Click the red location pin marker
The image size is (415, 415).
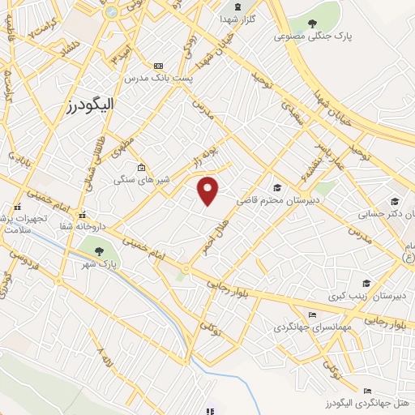click(x=208, y=190)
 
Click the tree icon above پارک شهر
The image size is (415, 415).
click(x=98, y=250)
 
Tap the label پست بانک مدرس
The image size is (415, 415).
click(x=158, y=79)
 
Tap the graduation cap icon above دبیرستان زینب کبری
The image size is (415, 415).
click(x=366, y=283)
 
